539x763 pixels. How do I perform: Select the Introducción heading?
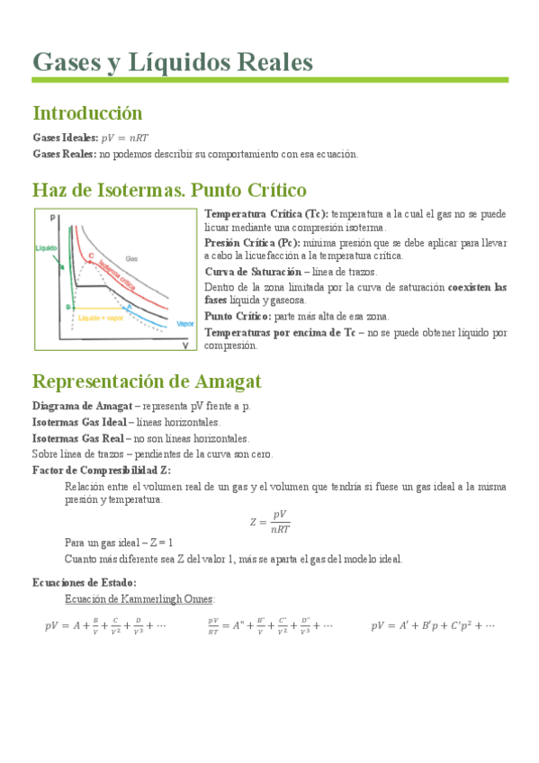(x=87, y=113)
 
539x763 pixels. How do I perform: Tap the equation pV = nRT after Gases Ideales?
(x=125, y=138)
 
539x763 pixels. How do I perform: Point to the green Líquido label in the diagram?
(x=47, y=247)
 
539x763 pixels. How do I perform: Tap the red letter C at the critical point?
(x=91, y=256)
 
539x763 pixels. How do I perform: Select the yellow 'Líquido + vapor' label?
(x=101, y=318)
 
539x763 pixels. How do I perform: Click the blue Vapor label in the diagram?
(x=185, y=324)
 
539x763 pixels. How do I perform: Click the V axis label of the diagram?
(x=184, y=345)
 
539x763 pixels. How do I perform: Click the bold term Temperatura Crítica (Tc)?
(x=266, y=214)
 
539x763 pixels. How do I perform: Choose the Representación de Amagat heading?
(x=147, y=381)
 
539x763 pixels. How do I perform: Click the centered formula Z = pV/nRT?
(x=270, y=520)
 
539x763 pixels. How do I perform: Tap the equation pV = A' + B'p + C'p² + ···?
(x=433, y=625)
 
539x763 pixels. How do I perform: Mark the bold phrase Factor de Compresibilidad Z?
(x=101, y=470)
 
